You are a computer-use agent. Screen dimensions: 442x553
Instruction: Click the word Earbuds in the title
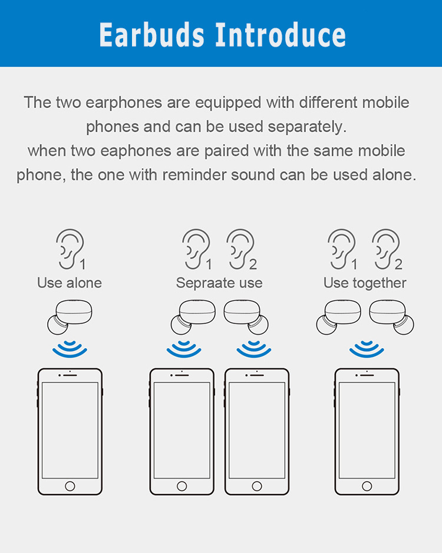tap(152, 35)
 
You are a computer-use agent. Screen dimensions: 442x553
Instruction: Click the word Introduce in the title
tap(281, 35)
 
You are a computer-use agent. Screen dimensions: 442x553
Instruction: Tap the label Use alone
tap(70, 283)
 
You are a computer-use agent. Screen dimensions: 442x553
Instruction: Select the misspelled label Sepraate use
tap(219, 283)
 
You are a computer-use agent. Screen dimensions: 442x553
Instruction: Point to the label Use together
tap(365, 283)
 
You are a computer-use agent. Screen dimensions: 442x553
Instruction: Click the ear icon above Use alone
tap(70, 249)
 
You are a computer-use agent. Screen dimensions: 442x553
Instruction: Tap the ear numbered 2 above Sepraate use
tap(240, 249)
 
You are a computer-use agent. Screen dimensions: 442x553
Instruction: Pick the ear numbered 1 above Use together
tap(341, 249)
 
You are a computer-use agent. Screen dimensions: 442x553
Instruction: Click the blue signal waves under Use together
tap(367, 349)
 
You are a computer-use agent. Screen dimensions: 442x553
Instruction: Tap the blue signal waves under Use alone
tap(70, 349)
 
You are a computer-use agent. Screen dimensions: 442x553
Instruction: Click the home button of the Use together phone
tap(367, 486)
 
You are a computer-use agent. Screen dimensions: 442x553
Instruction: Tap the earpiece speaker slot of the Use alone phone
tap(70, 375)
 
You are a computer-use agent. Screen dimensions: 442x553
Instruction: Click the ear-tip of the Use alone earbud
tap(57, 325)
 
